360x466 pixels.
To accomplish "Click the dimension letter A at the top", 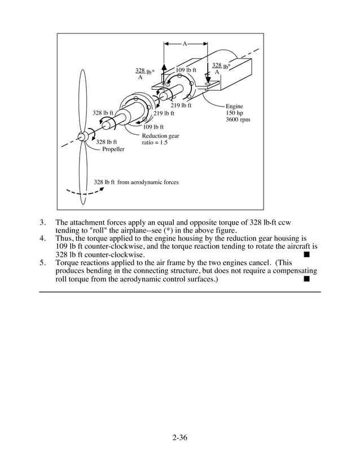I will [x=185, y=43].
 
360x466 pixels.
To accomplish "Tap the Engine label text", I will [x=234, y=106].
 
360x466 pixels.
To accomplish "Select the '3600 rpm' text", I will [x=238, y=120].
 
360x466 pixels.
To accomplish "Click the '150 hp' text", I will [x=234, y=113].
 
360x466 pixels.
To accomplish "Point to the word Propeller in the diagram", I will [x=113, y=149].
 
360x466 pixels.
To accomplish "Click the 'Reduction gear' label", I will [x=160, y=135].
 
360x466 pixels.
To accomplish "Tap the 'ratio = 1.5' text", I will [x=155, y=142].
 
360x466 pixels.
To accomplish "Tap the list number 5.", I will [x=42, y=263].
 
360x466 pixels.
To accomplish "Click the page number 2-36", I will [x=179, y=437].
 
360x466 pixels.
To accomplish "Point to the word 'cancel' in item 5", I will [x=259, y=263].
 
